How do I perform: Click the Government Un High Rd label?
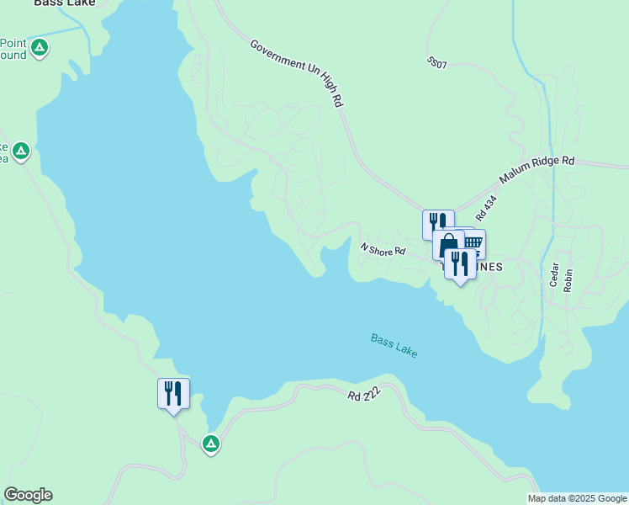pos(297,72)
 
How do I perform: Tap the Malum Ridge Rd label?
pos(536,171)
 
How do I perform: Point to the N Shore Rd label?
pos(383,249)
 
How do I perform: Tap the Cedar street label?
pos(554,275)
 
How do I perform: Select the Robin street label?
pos(568,280)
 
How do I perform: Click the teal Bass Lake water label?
pos(394,345)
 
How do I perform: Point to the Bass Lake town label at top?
pos(65,3)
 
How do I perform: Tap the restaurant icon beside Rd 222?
pos(173,392)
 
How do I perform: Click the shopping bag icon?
pos(448,244)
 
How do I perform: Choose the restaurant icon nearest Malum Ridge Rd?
pos(437,223)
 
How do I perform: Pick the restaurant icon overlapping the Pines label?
pos(460,264)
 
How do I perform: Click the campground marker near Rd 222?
pos(211,443)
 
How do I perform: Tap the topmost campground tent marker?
pos(39,48)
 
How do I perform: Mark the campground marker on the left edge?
pos(21,152)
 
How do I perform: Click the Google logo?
pos(28,495)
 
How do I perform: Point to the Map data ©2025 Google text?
pos(577,498)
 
